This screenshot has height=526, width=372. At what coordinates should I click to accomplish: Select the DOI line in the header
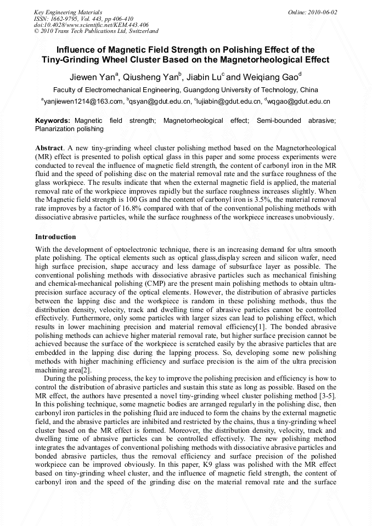91,25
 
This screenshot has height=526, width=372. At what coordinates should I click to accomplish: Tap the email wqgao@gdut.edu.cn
299,101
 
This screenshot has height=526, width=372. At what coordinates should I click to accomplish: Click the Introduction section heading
55,237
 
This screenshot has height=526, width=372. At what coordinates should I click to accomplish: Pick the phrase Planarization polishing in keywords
69,129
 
